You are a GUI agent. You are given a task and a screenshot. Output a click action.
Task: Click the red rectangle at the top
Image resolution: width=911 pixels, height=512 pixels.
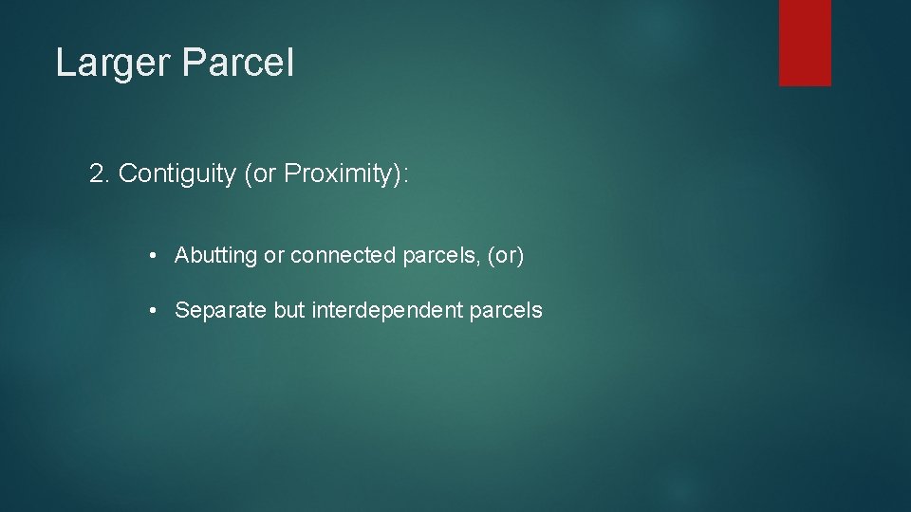click(805, 42)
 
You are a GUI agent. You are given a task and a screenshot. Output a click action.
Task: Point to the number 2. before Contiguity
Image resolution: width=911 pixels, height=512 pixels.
click(100, 174)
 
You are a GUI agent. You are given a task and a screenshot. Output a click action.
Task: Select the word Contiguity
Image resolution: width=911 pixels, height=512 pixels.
click(177, 174)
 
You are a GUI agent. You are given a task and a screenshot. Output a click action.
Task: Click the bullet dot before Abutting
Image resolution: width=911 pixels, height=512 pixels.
click(152, 256)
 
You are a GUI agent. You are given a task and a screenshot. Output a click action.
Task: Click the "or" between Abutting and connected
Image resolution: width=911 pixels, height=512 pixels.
click(274, 256)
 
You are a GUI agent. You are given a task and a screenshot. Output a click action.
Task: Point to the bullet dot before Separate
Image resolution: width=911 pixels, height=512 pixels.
click(152, 310)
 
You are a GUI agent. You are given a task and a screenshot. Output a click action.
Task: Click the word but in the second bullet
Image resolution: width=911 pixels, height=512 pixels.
click(289, 310)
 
